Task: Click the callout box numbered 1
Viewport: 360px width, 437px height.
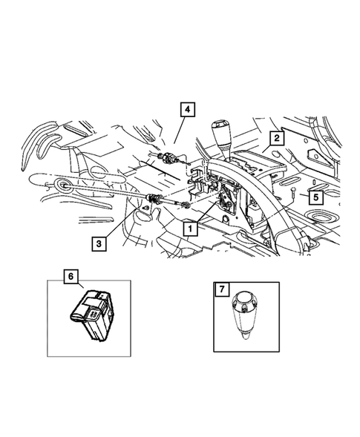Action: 192,229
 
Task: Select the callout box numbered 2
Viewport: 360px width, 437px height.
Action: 275,137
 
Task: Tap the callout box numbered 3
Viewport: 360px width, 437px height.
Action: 98,242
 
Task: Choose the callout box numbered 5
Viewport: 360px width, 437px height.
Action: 315,197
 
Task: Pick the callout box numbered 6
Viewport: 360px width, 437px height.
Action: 71,277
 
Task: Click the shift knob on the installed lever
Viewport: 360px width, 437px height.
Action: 220,134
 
